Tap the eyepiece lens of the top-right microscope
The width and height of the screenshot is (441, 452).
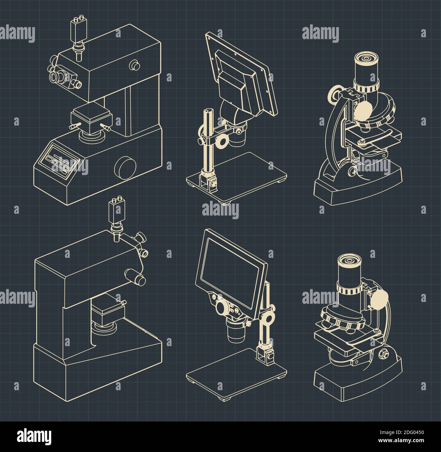(x=366, y=59)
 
